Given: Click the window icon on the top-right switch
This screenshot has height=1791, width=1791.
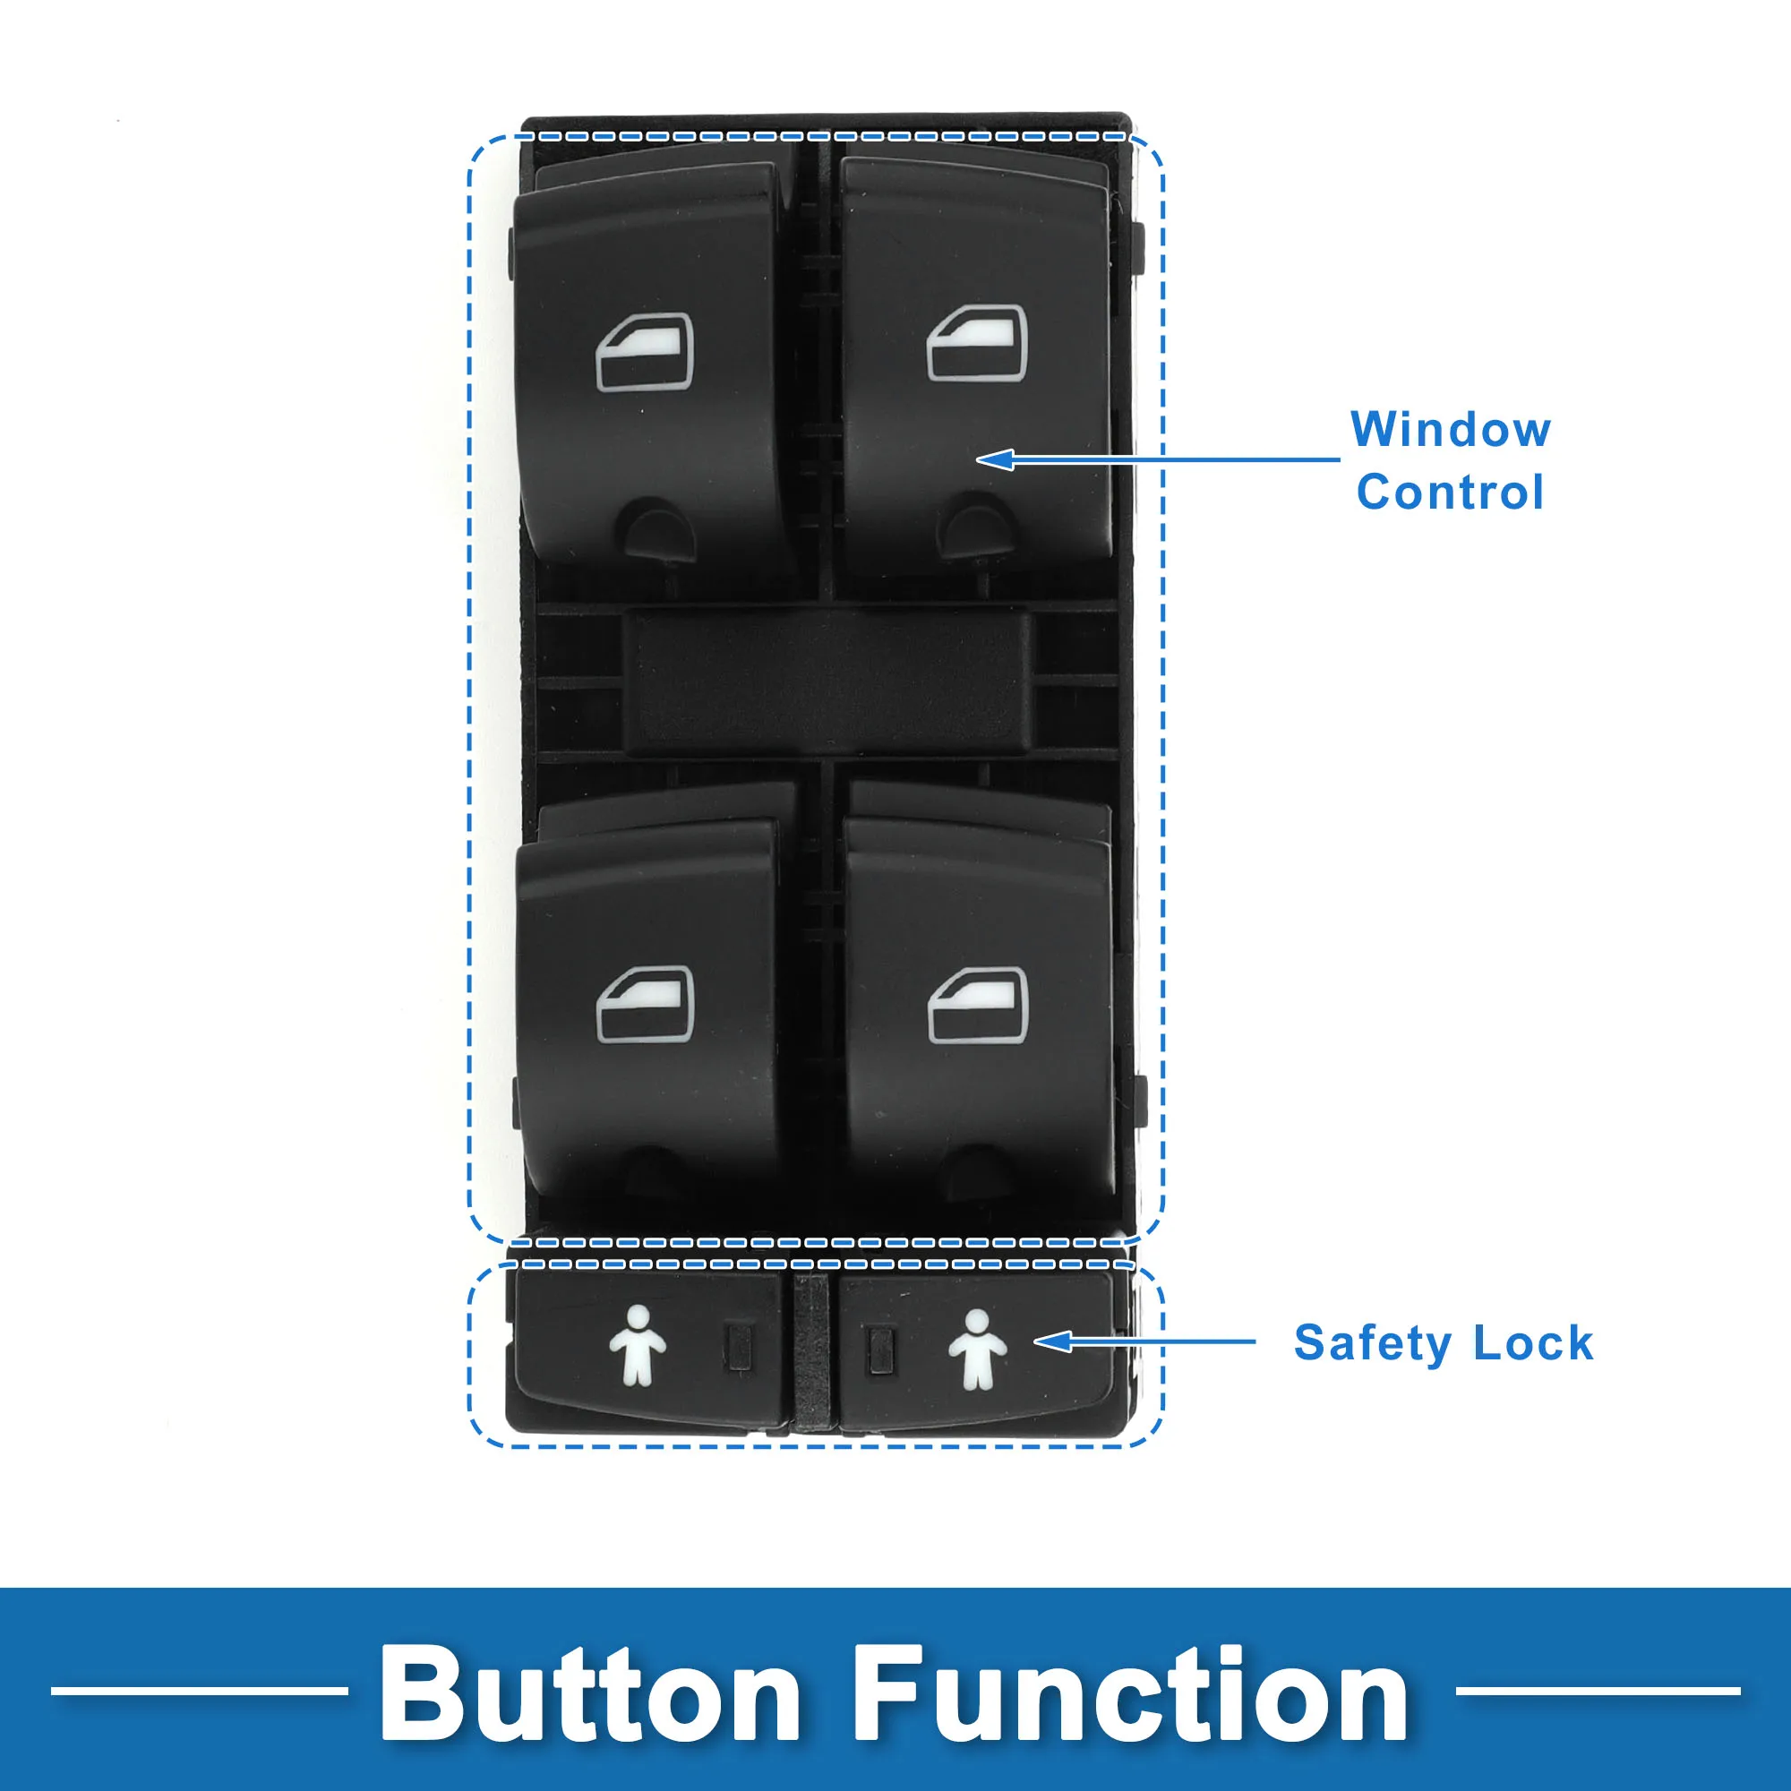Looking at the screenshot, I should tap(977, 343).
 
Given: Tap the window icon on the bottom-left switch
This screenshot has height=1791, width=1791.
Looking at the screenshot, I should tap(645, 1004).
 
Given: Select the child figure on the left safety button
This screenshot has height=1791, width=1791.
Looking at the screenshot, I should tap(638, 1345).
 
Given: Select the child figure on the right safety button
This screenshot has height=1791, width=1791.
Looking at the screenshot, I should tap(977, 1350).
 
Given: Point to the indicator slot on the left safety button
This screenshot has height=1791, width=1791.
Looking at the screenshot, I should tap(738, 1347).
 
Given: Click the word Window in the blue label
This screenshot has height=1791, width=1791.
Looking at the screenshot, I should tap(1450, 430).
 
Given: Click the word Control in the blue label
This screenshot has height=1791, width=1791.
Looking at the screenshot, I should tap(1450, 493).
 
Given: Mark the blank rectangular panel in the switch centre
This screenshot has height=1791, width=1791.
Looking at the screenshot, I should tap(827, 681).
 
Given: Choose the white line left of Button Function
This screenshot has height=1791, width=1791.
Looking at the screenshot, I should tap(199, 1691).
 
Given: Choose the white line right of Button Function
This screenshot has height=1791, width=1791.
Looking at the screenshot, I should tap(1598, 1691).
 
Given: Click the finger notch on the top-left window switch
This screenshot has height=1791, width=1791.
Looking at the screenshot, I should tap(660, 529).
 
